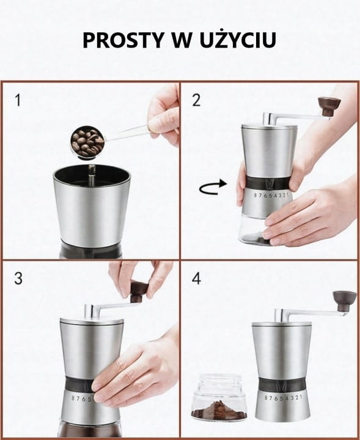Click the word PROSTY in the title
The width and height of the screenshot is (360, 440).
pos(123,40)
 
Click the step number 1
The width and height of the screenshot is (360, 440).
pos(18,100)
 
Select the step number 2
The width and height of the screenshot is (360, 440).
pos(196,100)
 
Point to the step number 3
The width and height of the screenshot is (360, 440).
pos(18,279)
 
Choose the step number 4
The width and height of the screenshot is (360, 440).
pos(196,279)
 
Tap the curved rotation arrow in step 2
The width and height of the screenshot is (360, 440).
pos(213,188)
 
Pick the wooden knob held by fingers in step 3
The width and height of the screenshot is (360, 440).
pos(139,292)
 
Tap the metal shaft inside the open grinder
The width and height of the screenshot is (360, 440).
pos(92,175)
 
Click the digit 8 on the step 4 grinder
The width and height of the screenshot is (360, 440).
pos(266,398)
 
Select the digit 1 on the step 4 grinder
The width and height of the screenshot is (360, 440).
pos(301,397)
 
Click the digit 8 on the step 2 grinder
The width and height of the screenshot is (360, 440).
pos(256,195)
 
